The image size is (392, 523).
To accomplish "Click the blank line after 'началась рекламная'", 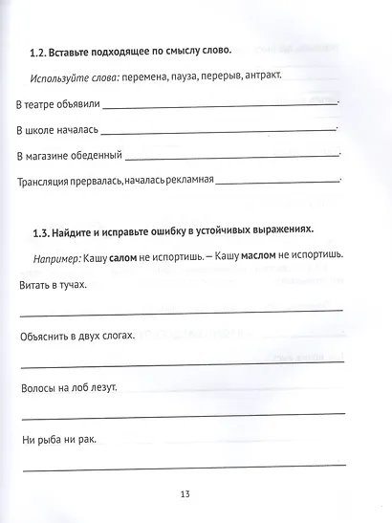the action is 278,182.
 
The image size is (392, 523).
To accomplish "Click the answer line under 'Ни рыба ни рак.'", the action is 182,466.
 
